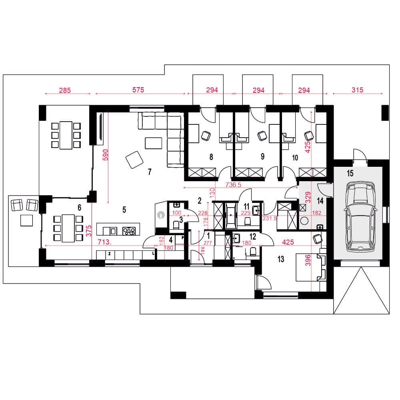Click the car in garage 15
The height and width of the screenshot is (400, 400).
click(x=360, y=217)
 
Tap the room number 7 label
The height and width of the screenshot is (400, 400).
click(x=150, y=172)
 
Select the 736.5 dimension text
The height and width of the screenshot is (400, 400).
click(x=233, y=185)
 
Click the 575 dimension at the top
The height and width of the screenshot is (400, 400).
click(x=138, y=90)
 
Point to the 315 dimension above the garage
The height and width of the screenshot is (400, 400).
click(x=357, y=90)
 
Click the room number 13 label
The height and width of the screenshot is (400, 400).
click(x=281, y=259)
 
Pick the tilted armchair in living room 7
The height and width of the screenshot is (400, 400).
click(x=134, y=160)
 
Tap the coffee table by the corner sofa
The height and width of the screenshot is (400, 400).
click(x=153, y=143)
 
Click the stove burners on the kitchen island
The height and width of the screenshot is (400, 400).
click(x=129, y=231)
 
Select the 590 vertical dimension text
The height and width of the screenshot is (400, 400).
click(x=105, y=155)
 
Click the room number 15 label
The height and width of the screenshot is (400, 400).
click(x=350, y=174)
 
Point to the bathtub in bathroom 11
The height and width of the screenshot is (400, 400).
click(x=231, y=216)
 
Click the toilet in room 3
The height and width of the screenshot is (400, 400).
click(x=176, y=225)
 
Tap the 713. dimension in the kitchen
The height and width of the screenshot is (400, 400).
click(x=104, y=242)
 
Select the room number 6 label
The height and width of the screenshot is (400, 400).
click(x=79, y=208)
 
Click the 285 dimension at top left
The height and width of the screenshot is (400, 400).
click(x=65, y=90)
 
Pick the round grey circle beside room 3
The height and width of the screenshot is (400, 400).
click(x=161, y=215)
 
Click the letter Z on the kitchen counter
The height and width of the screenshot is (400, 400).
click(x=110, y=254)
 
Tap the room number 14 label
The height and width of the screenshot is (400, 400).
click(x=320, y=201)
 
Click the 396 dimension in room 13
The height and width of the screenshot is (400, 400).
click(x=308, y=260)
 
